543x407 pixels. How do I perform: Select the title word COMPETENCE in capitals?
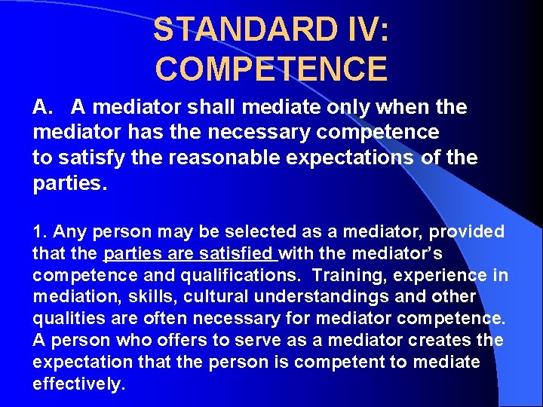[271, 69]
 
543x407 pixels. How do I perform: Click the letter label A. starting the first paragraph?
[43, 108]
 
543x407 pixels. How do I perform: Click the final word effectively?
[77, 384]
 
